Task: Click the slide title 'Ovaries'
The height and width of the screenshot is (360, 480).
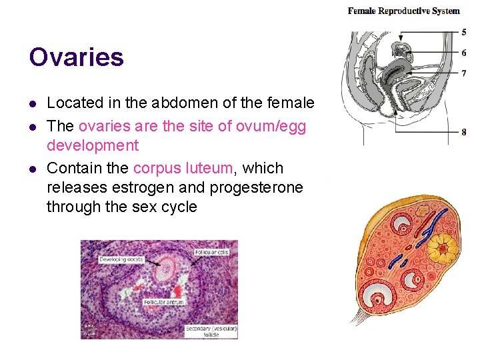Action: pos(76,57)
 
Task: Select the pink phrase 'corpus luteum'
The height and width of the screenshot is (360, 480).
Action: pos(185,168)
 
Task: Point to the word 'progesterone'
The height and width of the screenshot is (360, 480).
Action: pos(256,188)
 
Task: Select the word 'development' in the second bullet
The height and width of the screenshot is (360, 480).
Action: pos(92,146)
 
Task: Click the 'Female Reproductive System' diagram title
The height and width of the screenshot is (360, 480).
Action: pos(404,11)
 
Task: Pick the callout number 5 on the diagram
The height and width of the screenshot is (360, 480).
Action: pos(464,32)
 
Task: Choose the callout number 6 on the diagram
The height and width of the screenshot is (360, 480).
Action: pos(464,53)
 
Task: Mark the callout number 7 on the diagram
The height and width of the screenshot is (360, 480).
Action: pos(464,73)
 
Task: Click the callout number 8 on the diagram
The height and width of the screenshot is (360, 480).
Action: pos(464,132)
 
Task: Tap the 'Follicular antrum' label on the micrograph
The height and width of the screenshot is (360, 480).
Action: pos(163,302)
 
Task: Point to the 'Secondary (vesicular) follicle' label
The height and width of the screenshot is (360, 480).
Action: pos(211,331)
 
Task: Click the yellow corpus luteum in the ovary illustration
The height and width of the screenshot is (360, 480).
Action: pos(442,249)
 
